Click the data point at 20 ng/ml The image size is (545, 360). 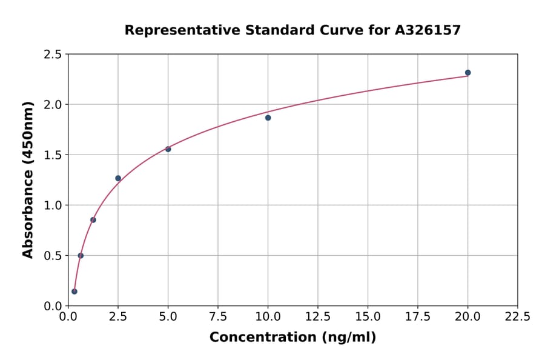[467, 73]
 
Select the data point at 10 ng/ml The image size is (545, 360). [268, 118]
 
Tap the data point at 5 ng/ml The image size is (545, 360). [168, 149]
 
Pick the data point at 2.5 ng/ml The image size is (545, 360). [118, 178]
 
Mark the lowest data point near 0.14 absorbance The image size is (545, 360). [74, 292]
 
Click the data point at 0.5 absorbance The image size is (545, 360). [81, 256]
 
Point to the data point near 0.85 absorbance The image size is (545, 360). [93, 220]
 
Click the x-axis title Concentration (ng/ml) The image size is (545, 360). [292, 338]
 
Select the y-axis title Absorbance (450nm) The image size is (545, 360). [28, 179]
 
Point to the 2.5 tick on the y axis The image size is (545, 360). [53, 55]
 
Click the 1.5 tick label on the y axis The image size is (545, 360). [53, 155]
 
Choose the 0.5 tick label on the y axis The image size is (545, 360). [53, 256]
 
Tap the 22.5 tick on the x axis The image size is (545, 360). [517, 316]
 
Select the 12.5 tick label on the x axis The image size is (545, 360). [318, 316]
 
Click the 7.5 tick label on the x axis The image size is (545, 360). [218, 316]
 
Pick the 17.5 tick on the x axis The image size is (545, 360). [418, 316]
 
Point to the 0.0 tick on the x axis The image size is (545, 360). [68, 316]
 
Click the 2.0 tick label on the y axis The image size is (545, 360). [53, 105]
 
